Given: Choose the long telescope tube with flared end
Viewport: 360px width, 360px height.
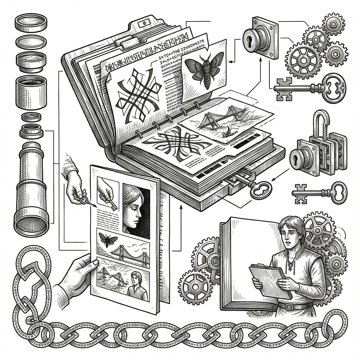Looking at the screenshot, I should (32, 190).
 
